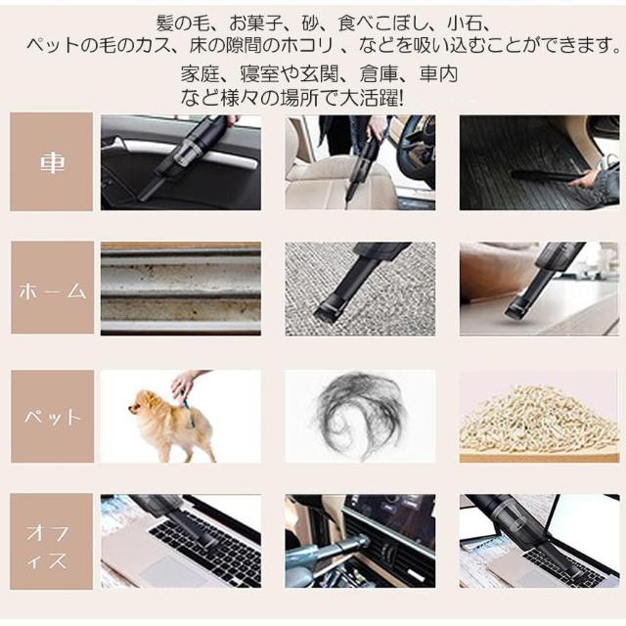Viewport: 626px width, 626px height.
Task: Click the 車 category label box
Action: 51,161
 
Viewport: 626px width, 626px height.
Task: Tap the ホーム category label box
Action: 51,289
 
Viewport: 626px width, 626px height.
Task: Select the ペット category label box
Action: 51,416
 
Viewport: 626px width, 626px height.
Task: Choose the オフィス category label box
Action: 51,543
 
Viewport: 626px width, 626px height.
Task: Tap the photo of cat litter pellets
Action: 538,416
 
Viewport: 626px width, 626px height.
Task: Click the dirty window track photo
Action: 180,289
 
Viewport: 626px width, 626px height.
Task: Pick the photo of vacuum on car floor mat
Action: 538,162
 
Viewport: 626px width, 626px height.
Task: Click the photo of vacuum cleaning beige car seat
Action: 359,162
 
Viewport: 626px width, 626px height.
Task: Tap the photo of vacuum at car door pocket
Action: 180,162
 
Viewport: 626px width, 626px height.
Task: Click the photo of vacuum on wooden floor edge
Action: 538,289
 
